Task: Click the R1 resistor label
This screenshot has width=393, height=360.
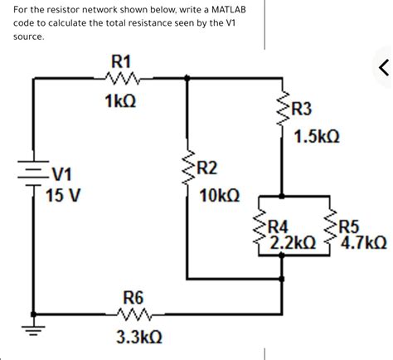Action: tap(121, 61)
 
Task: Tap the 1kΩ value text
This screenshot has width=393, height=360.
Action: tap(121, 100)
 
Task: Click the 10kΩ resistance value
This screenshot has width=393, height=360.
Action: tap(221, 197)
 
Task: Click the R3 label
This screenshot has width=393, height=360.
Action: tap(302, 109)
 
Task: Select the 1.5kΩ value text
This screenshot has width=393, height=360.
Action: tap(316, 136)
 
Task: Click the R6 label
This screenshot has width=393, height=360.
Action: tap(133, 296)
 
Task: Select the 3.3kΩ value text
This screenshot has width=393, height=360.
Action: tap(138, 338)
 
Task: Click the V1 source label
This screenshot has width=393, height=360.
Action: tap(62, 175)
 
